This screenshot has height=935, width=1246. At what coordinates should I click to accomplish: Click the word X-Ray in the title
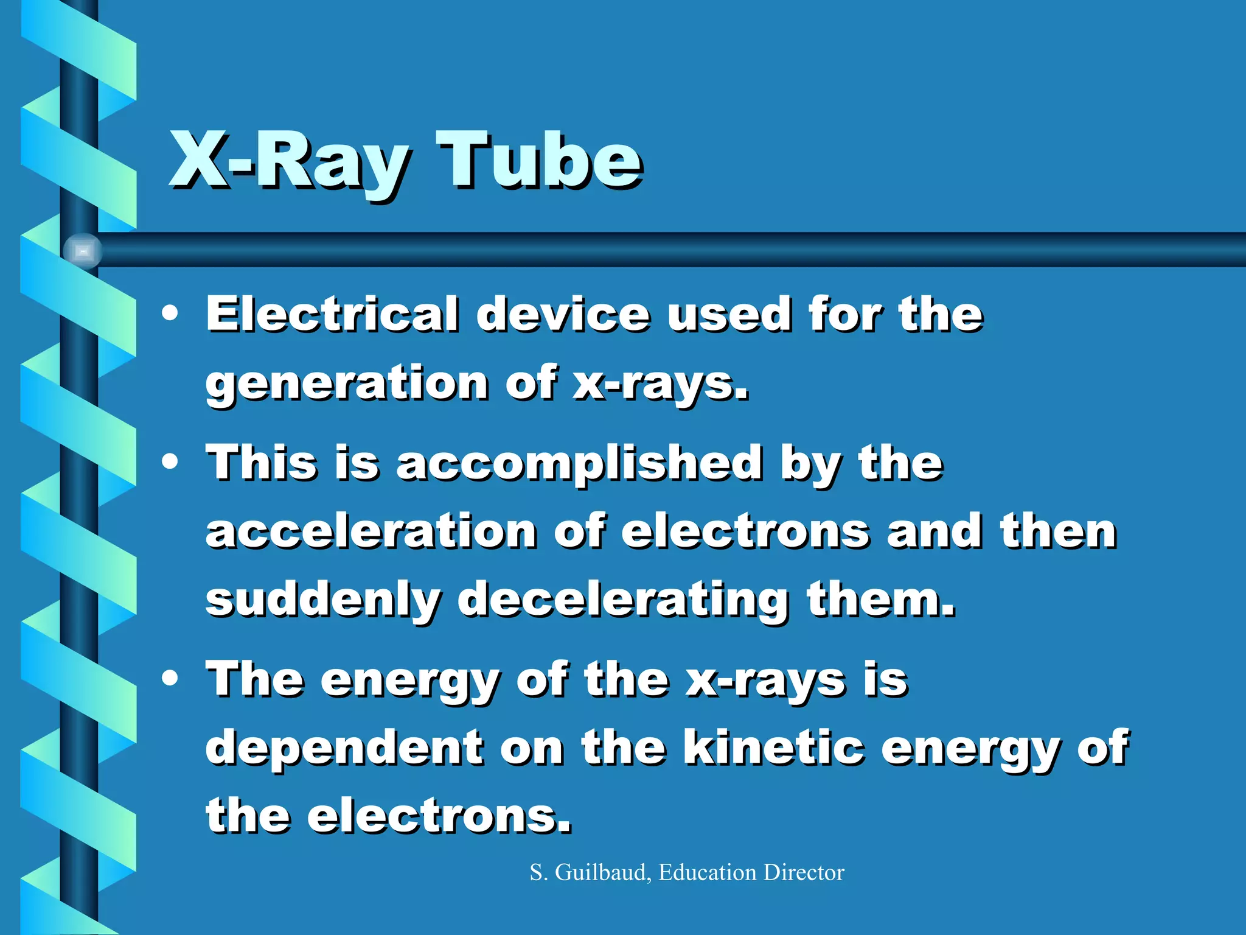pos(288,162)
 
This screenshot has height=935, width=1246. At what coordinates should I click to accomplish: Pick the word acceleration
pos(371,531)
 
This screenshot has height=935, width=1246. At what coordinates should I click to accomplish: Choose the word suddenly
pos(322,600)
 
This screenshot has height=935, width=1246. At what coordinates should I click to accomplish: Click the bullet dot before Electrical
pos(170,314)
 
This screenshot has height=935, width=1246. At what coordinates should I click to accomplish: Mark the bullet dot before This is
pos(170,461)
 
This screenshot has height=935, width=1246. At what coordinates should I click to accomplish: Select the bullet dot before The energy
pos(170,678)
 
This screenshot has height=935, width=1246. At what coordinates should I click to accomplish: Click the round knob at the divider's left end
pos(83,251)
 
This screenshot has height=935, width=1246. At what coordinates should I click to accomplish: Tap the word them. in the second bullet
pos(880,599)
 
